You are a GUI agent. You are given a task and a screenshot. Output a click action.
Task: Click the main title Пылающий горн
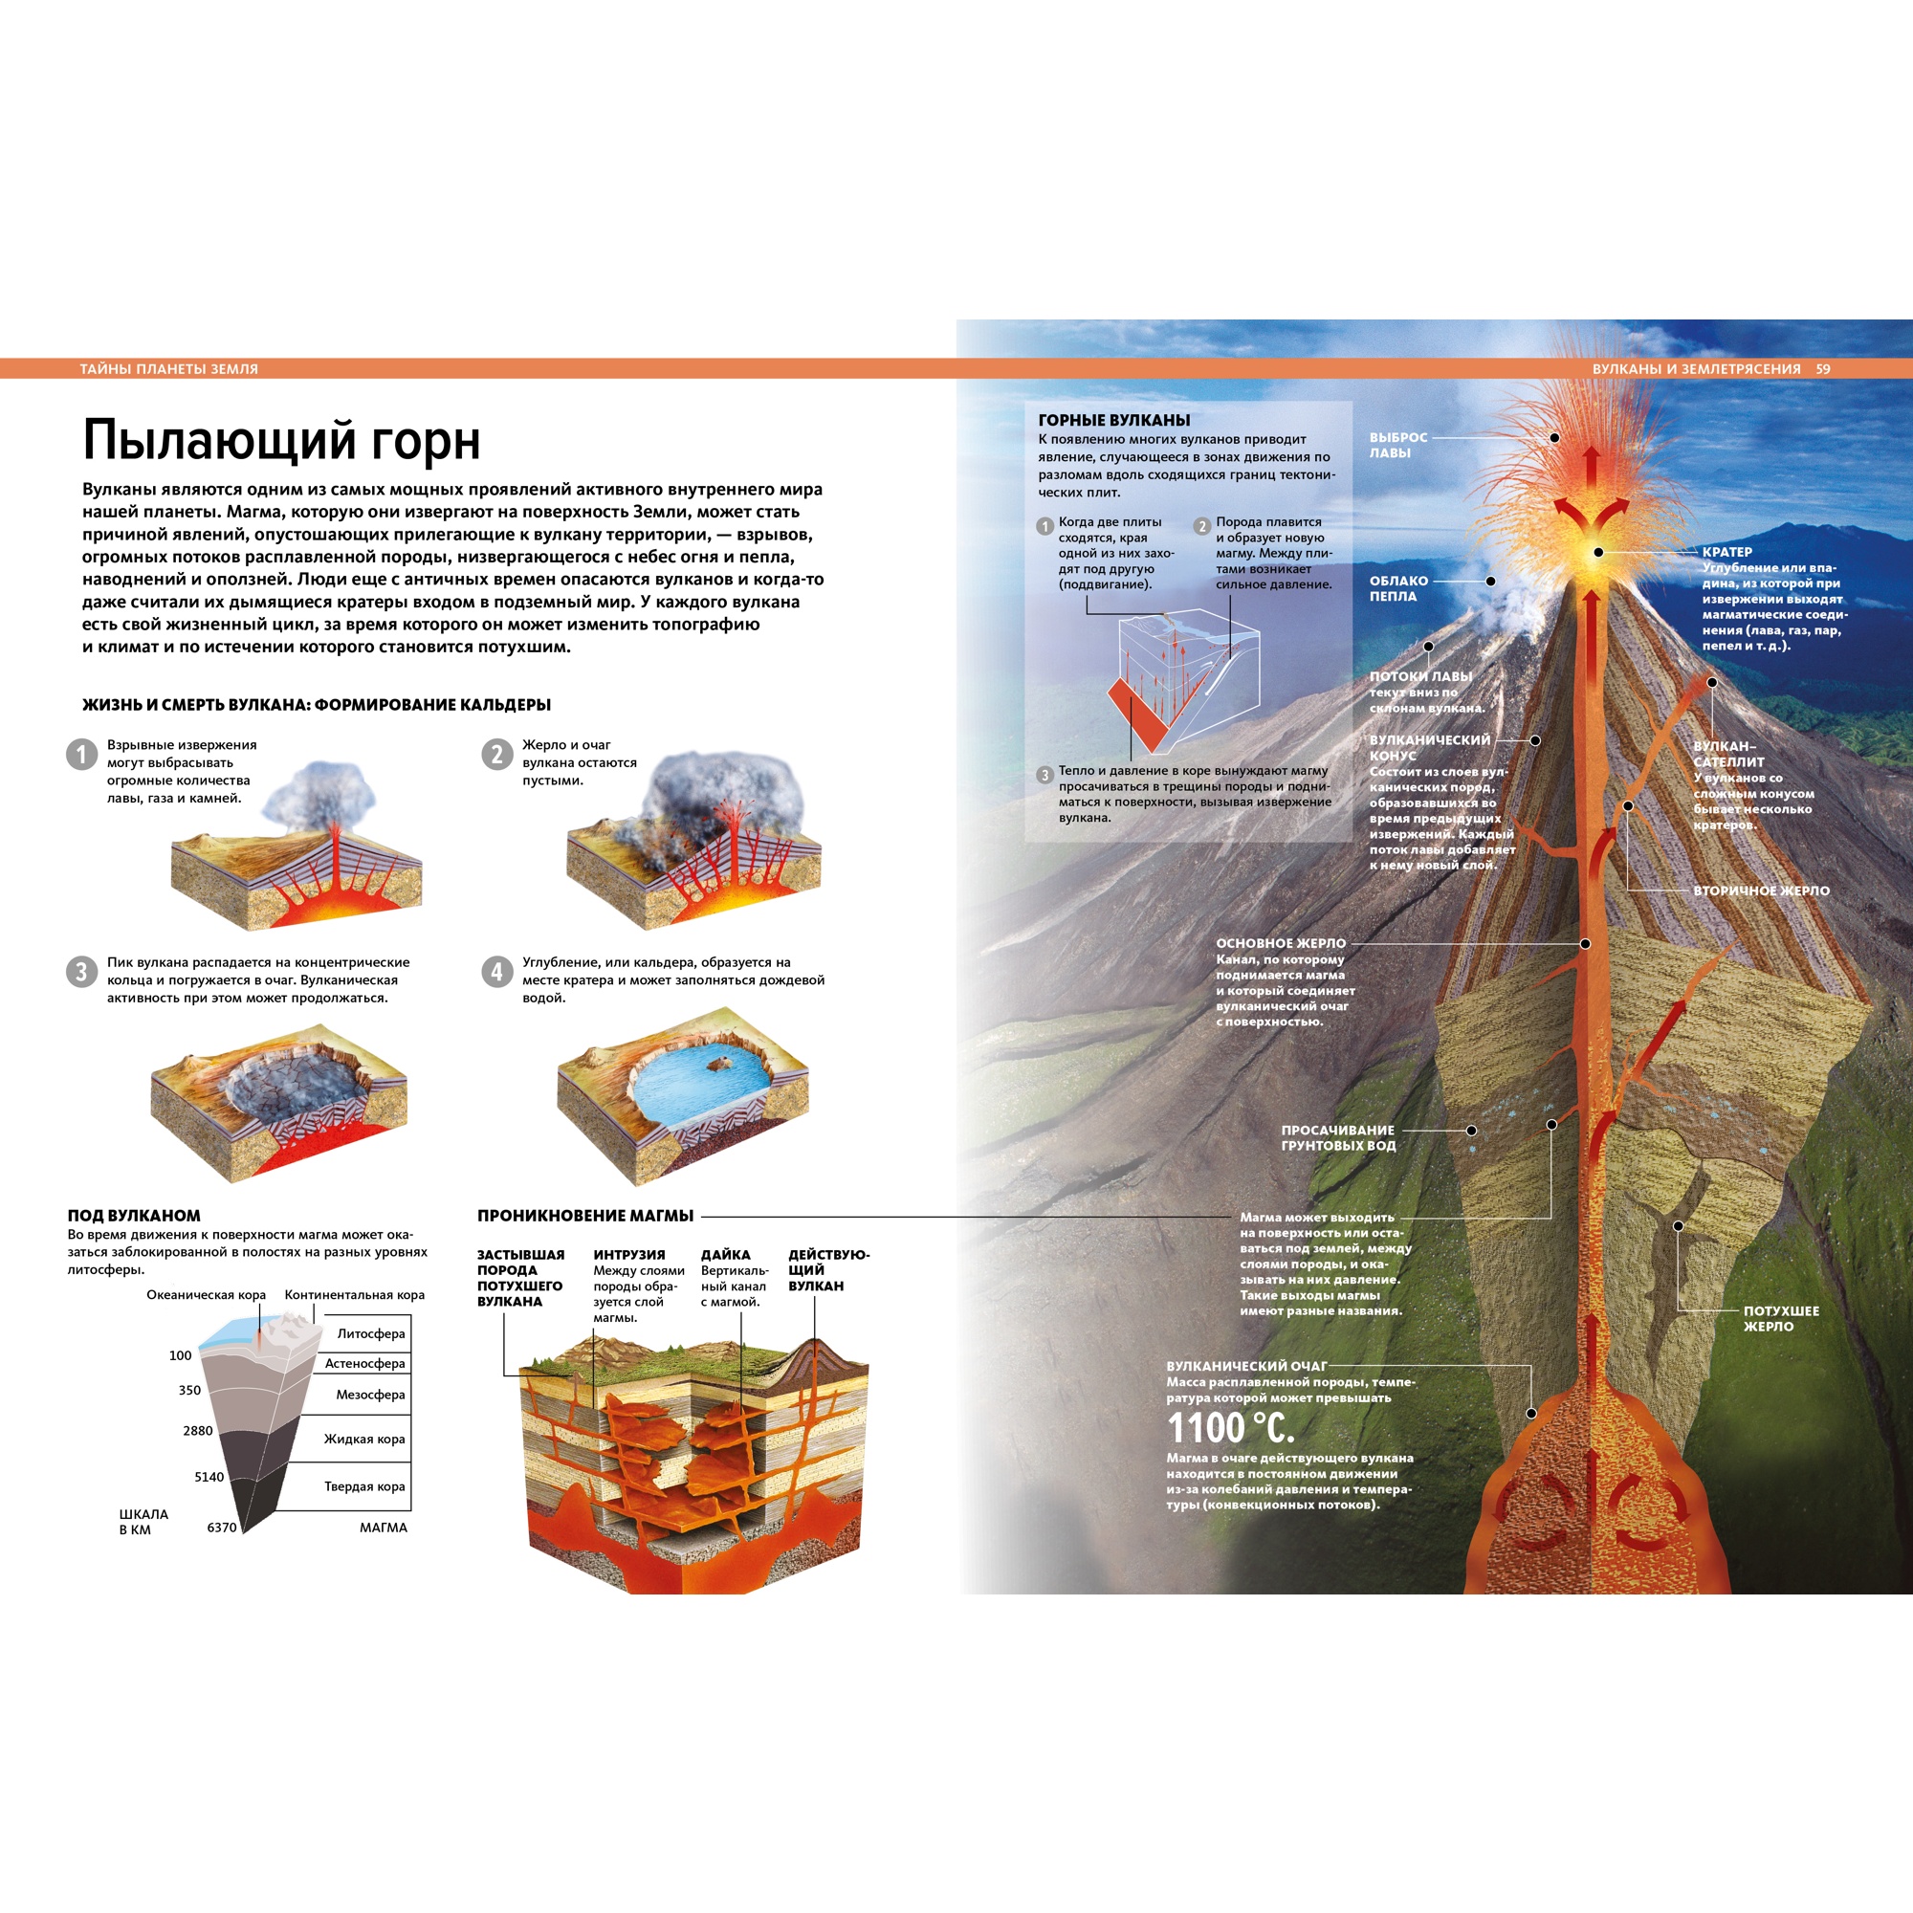[x=281, y=441]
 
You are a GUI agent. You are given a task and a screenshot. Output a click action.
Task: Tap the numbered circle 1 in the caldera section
[x=81, y=755]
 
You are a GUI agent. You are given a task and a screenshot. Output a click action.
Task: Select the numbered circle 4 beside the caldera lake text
[x=497, y=972]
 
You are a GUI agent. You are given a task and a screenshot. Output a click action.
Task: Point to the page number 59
[x=1823, y=369]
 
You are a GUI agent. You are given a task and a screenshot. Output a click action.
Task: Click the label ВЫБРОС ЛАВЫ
[x=1397, y=445]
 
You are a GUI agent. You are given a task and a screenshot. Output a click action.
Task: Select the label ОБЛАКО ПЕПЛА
[x=1397, y=588]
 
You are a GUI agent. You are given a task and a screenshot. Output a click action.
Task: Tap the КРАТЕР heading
[x=1726, y=552]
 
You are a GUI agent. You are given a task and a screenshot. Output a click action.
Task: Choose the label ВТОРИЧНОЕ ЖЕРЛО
[x=1761, y=891]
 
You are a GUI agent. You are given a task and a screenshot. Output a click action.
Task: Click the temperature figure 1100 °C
[x=1230, y=1429]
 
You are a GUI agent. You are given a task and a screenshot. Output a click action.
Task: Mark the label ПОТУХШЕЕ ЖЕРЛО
[x=1780, y=1318]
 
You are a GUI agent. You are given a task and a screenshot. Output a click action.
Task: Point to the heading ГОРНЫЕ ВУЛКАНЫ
[x=1114, y=420]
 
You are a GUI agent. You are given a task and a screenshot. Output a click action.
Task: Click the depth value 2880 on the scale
[x=198, y=1431]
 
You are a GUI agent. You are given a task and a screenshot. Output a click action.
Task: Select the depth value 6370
[x=222, y=1527]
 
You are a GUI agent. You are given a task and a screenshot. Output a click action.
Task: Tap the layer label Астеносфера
[x=364, y=1363]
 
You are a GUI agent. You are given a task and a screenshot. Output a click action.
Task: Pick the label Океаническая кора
[x=206, y=1294]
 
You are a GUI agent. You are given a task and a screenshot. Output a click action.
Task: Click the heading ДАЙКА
[x=726, y=1255]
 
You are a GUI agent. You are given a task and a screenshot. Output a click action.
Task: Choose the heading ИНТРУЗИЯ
[x=628, y=1255]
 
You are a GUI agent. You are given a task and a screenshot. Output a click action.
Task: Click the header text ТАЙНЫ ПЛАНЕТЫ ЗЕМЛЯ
[x=168, y=369]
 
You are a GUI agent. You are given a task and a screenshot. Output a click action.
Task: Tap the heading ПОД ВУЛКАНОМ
[x=134, y=1215]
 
